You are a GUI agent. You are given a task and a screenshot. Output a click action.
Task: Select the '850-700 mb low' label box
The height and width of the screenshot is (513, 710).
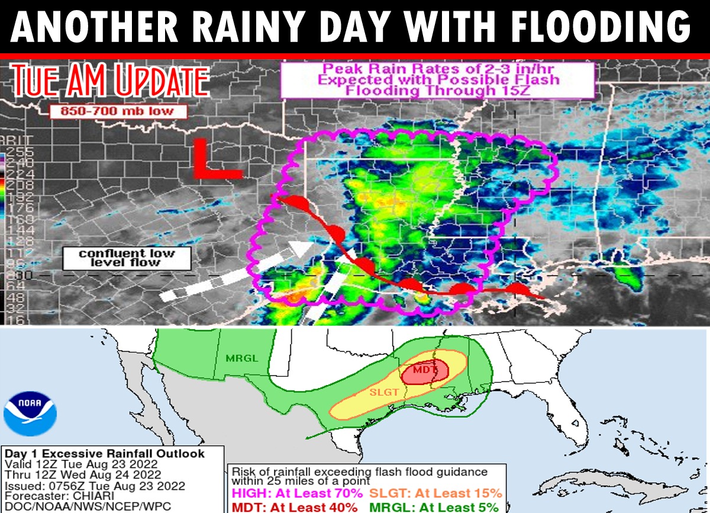[118, 111]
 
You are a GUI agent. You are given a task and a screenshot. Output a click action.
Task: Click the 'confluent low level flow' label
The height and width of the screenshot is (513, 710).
[127, 258]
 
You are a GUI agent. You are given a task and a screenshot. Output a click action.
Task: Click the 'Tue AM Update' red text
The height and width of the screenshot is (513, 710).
[109, 81]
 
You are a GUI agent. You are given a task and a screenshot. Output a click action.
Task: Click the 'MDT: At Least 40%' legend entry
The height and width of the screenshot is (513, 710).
[293, 507]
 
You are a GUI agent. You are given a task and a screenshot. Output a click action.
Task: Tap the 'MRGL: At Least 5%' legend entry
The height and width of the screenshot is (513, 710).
[441, 507]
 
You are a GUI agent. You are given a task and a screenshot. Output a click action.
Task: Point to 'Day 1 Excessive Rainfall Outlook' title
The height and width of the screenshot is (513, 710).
[105, 454]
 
